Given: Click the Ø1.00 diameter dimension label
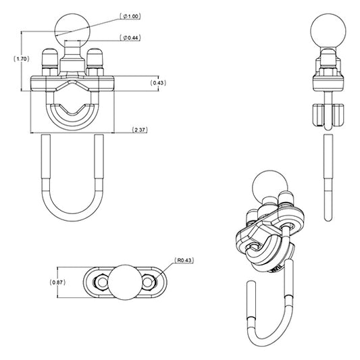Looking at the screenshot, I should click(130, 15).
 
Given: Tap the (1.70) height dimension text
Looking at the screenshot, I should click(21, 59).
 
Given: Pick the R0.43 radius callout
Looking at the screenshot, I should click(184, 259).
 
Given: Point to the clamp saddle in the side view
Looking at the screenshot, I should click(326, 116).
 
